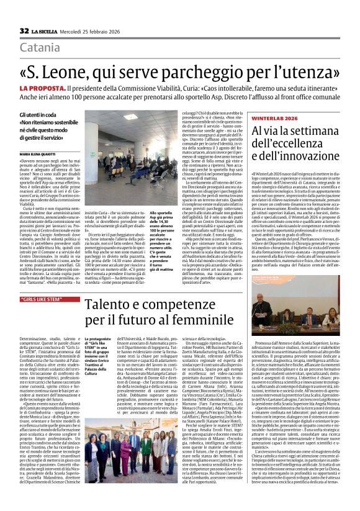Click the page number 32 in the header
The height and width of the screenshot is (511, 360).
coord(24,30)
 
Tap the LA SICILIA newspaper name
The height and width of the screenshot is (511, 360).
coord(45,31)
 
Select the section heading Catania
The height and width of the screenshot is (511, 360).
coord(40,47)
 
